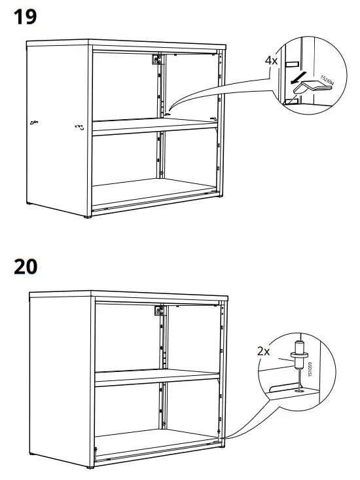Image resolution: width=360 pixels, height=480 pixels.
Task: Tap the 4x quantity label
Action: (x=272, y=60)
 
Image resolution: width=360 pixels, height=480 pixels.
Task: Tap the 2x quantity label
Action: (x=264, y=351)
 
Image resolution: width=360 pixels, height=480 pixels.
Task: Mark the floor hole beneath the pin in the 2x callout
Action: (x=299, y=392)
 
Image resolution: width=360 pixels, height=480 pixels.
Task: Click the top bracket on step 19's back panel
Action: (x=156, y=60)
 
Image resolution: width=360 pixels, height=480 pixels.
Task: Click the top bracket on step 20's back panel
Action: (x=158, y=311)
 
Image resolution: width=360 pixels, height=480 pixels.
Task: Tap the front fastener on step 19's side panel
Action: (x=80, y=127)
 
